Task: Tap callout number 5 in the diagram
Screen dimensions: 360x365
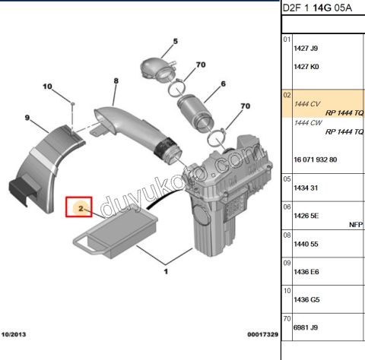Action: click(x=173, y=42)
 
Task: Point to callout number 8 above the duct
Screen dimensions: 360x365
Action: click(x=116, y=81)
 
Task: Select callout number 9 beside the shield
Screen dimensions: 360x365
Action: click(x=27, y=118)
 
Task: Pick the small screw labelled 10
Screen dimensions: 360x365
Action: click(x=70, y=101)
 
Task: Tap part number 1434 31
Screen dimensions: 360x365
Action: click(x=306, y=187)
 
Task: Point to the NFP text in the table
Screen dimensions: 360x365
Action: click(x=355, y=225)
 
